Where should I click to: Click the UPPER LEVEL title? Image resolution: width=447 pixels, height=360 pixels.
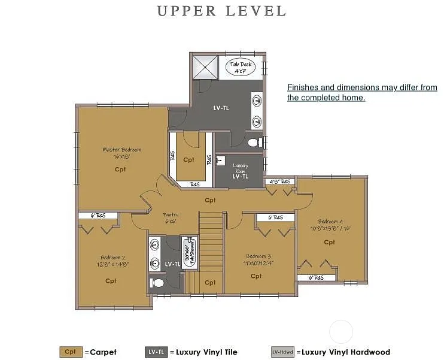(x=222, y=11)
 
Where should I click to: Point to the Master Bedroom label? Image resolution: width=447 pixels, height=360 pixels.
(x=121, y=153)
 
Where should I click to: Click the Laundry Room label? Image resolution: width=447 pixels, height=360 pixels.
(x=240, y=171)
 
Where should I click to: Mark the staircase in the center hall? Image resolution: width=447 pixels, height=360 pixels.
(x=211, y=240)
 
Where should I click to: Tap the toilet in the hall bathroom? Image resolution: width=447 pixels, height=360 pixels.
(x=157, y=282)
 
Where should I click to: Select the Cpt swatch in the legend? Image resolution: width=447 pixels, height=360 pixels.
(x=71, y=352)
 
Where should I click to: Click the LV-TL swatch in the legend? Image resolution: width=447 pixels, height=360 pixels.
(x=156, y=352)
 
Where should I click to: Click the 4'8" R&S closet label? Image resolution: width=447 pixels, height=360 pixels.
(x=279, y=181)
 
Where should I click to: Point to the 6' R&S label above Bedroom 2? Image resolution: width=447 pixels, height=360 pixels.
(x=98, y=216)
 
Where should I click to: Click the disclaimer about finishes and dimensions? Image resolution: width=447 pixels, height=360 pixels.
(x=361, y=92)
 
